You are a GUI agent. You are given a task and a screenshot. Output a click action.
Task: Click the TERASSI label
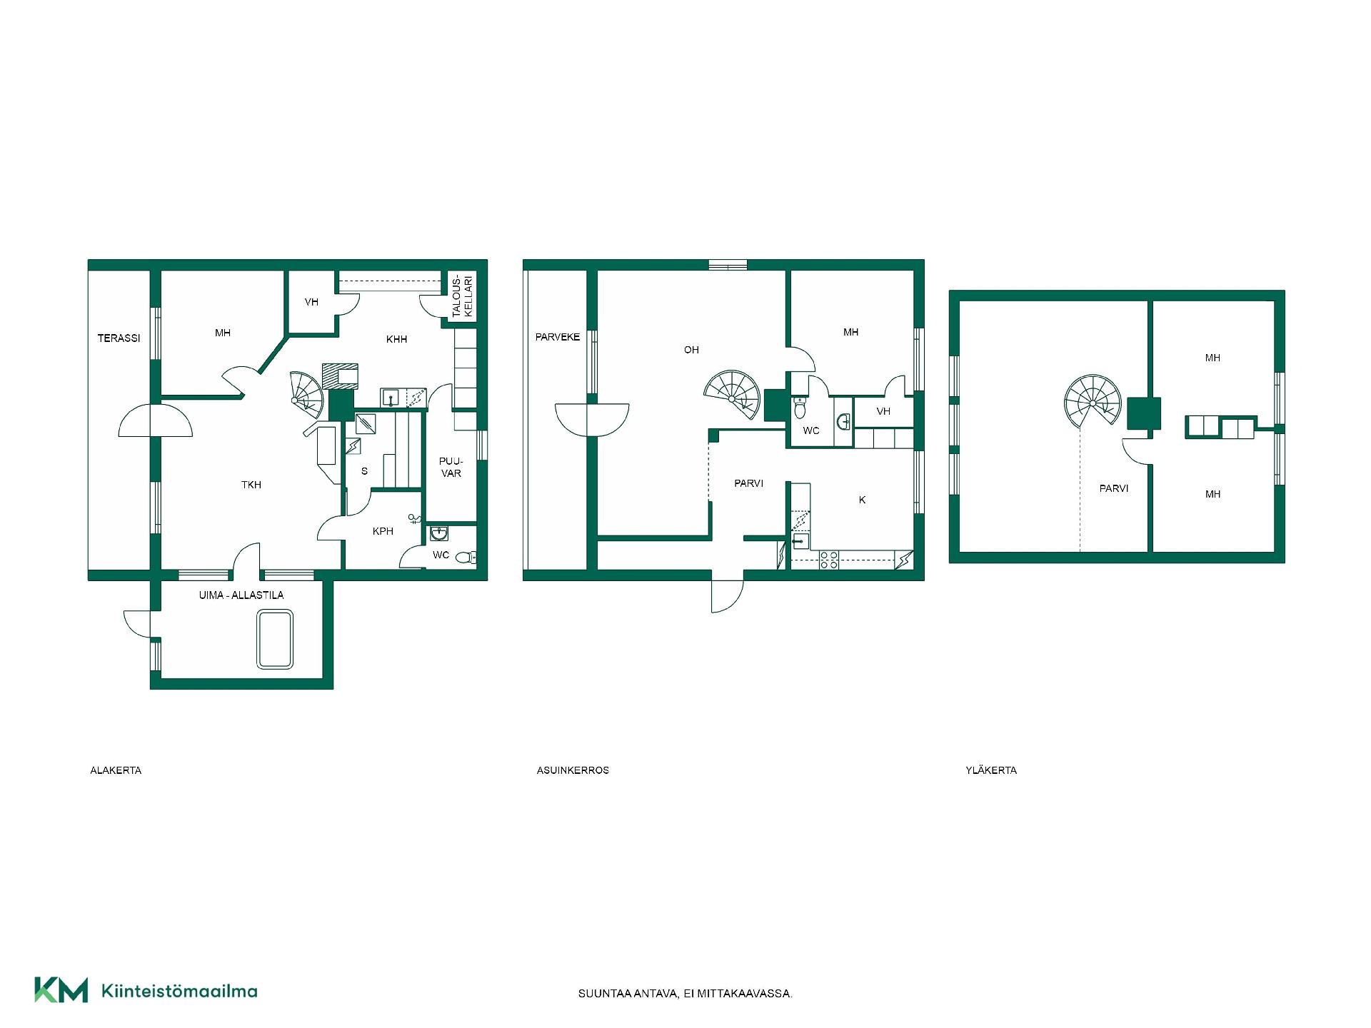point(119,338)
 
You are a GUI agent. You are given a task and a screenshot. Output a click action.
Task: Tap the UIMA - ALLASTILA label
point(241,595)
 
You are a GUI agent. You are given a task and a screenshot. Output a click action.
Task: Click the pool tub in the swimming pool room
point(275,639)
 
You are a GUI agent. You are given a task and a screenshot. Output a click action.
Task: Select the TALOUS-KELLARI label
point(463,296)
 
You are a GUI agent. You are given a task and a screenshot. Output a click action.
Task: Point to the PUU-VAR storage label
point(451,467)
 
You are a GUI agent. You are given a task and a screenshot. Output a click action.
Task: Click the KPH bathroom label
point(383,531)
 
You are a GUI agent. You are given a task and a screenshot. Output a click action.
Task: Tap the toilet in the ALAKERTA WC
point(466,558)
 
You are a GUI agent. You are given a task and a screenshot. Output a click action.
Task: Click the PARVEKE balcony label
point(558,337)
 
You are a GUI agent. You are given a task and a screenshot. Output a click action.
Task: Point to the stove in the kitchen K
point(829,560)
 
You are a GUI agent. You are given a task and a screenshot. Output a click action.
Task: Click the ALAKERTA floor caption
point(116,770)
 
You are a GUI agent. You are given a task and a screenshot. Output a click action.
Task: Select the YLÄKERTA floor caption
point(991,770)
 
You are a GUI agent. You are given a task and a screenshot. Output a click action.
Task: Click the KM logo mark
point(61,990)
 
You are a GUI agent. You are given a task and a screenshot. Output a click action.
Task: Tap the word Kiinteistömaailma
point(179,991)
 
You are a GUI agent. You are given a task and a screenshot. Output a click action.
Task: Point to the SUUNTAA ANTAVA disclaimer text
point(685,994)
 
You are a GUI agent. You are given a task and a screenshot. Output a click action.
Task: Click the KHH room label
point(396,339)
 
